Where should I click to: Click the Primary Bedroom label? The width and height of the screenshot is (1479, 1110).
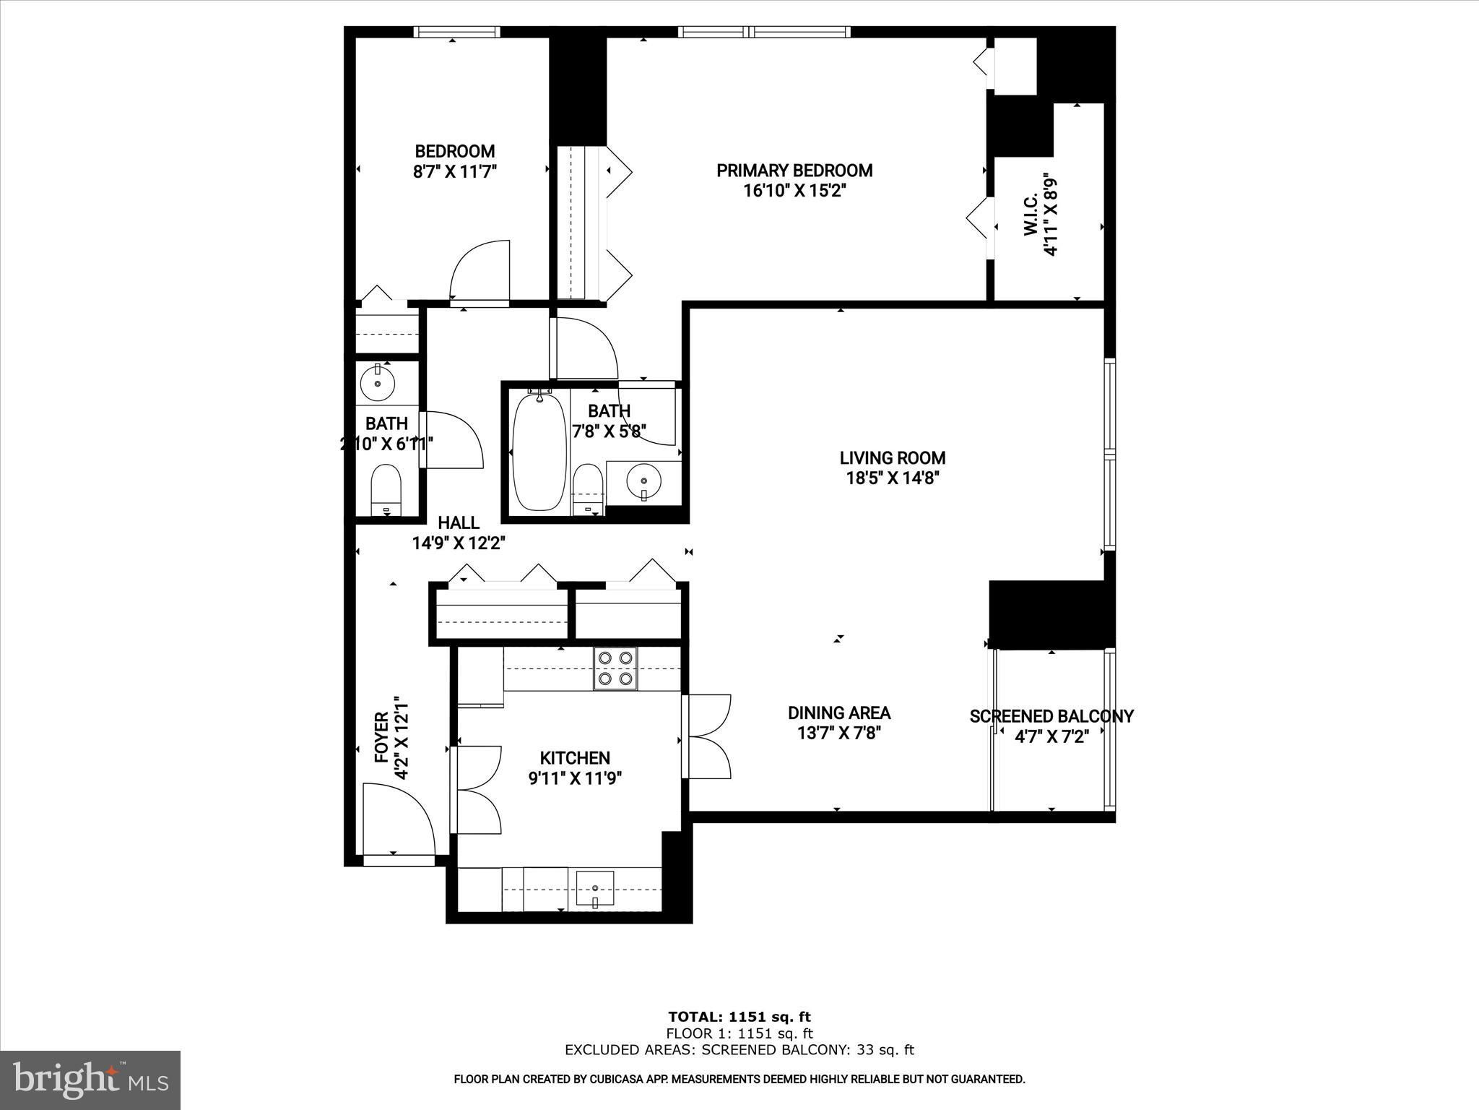[x=794, y=171]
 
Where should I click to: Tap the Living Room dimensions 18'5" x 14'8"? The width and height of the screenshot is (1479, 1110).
[x=893, y=478]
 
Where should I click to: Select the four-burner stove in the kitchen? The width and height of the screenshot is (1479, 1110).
[x=616, y=668]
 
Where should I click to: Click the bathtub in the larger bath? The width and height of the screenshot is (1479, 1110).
[x=539, y=452]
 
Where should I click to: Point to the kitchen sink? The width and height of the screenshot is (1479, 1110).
[x=595, y=889]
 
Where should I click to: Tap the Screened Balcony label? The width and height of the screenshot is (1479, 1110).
[x=1051, y=716]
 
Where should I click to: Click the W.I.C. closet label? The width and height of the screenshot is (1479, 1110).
[x=1031, y=213]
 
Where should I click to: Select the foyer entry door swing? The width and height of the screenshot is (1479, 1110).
[x=399, y=819]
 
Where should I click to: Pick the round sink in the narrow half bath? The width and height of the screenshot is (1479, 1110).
[x=377, y=382]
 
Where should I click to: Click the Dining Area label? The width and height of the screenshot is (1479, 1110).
[x=839, y=713]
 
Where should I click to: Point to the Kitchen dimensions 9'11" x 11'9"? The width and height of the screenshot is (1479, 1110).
[x=575, y=778]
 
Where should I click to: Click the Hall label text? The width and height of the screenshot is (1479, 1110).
[x=459, y=522]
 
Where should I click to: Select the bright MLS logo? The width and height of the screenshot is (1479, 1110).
[x=90, y=1080]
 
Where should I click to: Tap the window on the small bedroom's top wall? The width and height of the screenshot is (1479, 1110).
[x=456, y=32]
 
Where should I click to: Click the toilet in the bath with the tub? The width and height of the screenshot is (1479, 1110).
[x=587, y=489]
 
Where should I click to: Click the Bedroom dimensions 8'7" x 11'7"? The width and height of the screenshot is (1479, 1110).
[x=455, y=172]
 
